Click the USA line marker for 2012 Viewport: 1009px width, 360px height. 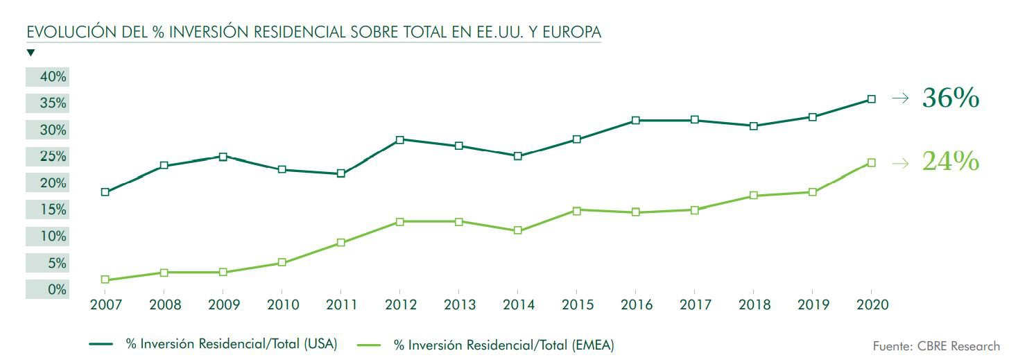click(399, 139)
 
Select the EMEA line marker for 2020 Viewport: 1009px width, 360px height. click(871, 162)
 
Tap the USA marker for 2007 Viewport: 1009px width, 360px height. click(105, 192)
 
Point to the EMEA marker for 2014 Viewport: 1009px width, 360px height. click(517, 230)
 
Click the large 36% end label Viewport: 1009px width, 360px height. click(950, 98)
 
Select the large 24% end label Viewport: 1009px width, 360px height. click(950, 162)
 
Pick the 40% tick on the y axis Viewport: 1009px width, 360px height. click(53, 77)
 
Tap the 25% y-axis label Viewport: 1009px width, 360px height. click(53, 157)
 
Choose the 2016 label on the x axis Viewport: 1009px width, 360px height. click(635, 305)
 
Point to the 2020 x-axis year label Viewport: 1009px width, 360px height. click(871, 305)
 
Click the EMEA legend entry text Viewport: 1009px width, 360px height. click(503, 343)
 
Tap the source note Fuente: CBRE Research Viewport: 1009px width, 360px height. click(936, 345)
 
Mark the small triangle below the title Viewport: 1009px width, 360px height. click(31, 53)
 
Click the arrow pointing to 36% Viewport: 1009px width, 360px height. click(899, 99)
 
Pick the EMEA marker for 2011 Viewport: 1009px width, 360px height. click(340, 242)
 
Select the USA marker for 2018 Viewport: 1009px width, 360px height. click(753, 126)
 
